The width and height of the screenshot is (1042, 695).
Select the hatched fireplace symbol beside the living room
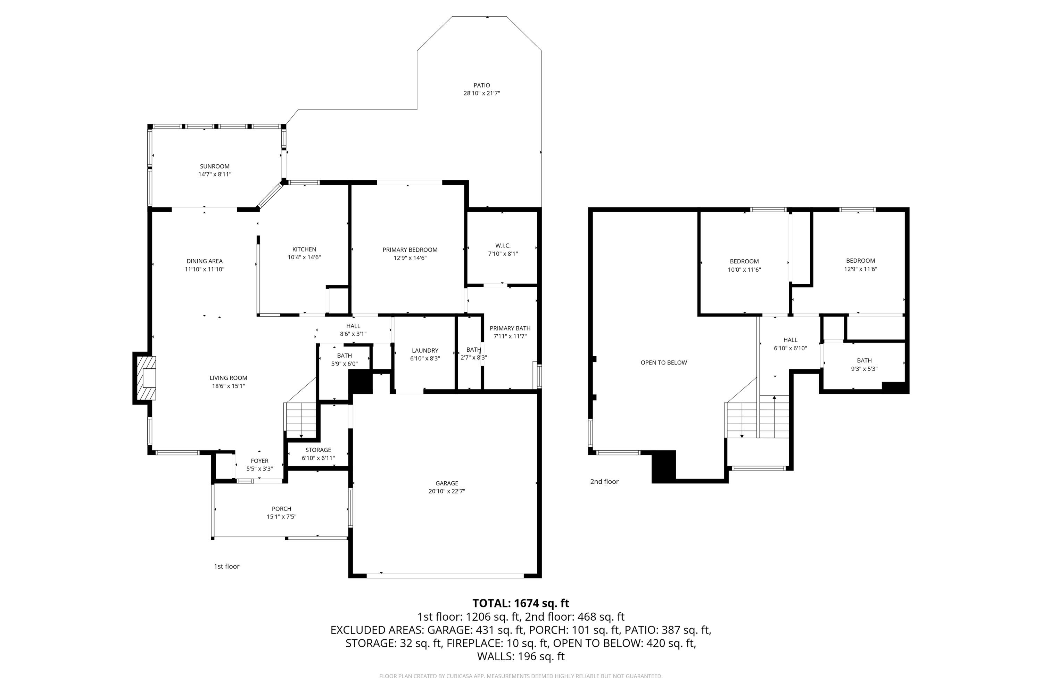coord(146,378)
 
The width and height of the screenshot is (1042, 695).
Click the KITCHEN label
coord(304,250)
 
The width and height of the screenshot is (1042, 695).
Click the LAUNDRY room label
coord(424,351)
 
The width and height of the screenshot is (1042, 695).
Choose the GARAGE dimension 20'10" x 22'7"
coord(447,491)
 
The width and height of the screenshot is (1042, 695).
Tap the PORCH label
coord(281,509)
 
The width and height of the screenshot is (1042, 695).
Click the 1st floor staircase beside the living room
coord(301,419)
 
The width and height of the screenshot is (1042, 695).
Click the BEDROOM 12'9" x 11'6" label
coord(860,261)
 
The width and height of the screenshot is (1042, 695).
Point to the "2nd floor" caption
coord(604,481)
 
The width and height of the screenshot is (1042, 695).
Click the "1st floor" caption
coord(226,566)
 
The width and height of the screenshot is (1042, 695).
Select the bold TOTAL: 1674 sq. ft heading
coord(521,603)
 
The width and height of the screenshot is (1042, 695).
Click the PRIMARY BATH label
coord(510,328)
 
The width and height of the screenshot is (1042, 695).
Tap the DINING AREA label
coord(204,261)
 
